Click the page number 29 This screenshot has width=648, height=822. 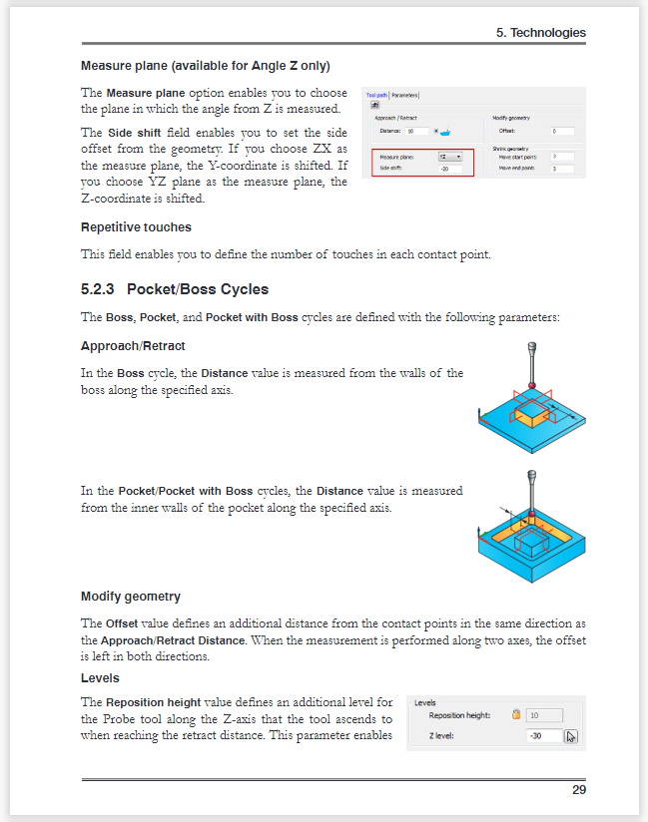[x=578, y=790]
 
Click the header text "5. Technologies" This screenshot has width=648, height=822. [x=540, y=33]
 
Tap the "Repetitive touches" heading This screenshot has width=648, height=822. [x=136, y=227]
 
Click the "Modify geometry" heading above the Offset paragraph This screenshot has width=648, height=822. [x=131, y=597]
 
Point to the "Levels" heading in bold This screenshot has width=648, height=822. [x=101, y=678]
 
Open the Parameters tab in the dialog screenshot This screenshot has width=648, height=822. [x=404, y=95]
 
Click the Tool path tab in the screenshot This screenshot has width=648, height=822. [x=376, y=95]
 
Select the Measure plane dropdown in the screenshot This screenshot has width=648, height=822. [x=450, y=157]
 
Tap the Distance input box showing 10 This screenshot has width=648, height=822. [x=417, y=131]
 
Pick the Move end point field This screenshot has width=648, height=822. [x=561, y=169]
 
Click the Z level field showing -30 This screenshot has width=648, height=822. [x=544, y=736]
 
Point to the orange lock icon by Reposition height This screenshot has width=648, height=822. [x=516, y=715]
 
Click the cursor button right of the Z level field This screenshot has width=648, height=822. [x=571, y=736]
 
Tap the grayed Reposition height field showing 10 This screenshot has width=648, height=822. [x=544, y=715]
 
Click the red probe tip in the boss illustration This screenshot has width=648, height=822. [x=531, y=385]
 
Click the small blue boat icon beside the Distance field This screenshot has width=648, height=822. [x=446, y=131]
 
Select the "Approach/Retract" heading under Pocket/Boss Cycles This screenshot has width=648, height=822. [x=133, y=346]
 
